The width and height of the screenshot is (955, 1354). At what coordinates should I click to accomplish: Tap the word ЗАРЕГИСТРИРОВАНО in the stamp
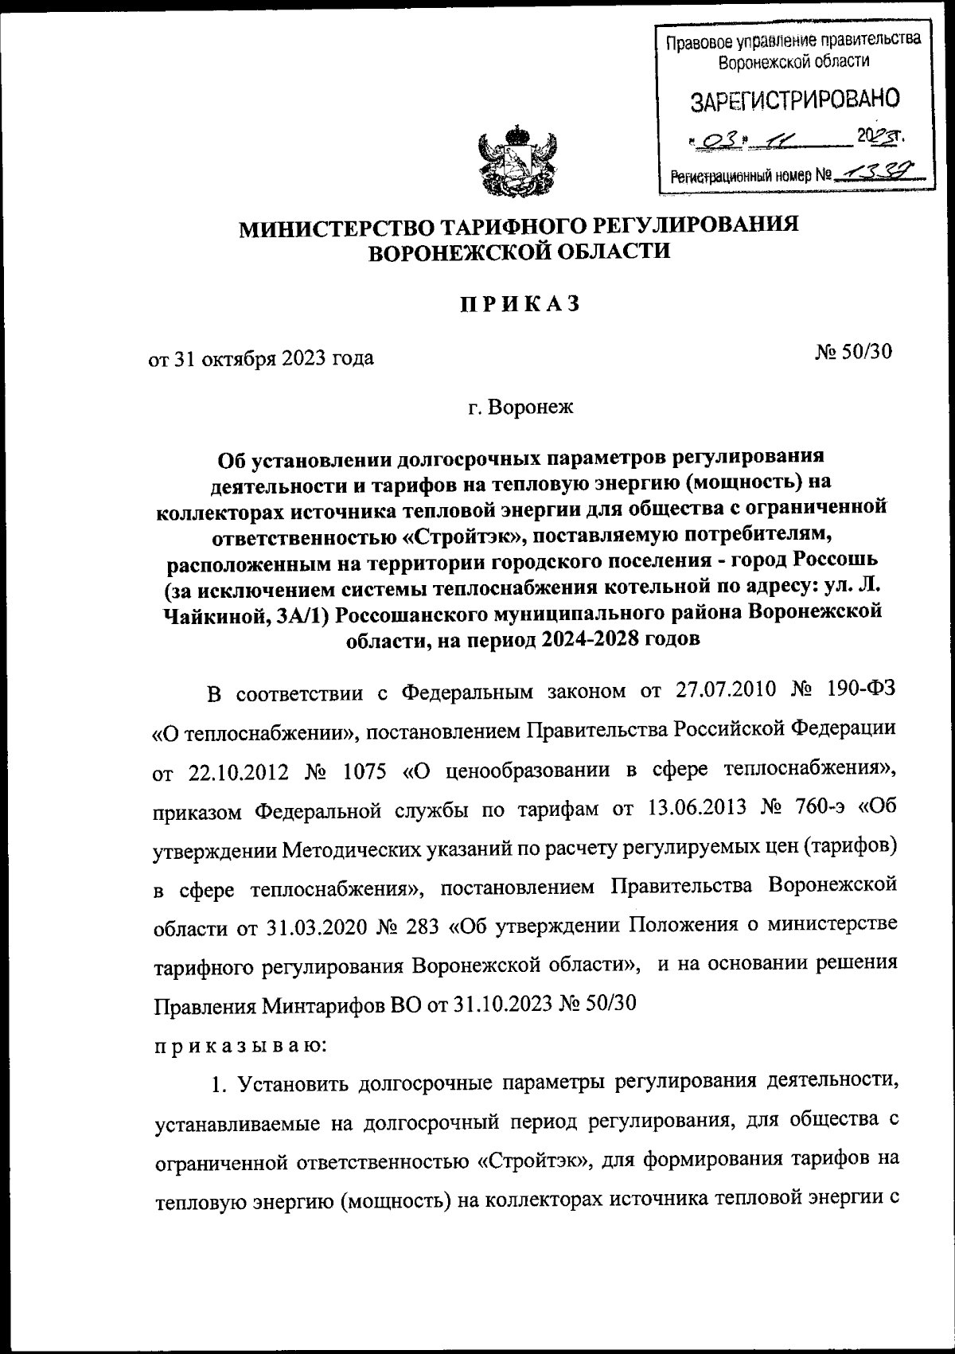click(x=794, y=100)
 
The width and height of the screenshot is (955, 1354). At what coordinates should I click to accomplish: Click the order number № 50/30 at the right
click(x=854, y=352)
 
